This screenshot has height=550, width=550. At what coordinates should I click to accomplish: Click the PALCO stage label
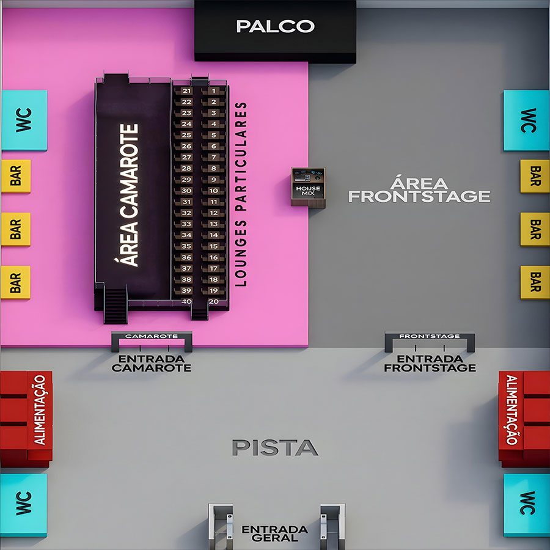pyautogui.click(x=276, y=26)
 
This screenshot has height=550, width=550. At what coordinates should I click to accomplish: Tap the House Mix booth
pyautogui.click(x=309, y=188)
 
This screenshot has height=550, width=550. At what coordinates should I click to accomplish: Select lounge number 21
pyautogui.click(x=186, y=91)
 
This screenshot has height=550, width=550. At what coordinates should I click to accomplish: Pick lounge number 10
pyautogui.click(x=214, y=191)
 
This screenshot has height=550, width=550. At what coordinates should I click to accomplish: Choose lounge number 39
pyautogui.click(x=186, y=290)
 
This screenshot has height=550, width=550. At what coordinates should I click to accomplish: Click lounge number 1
pyautogui.click(x=214, y=91)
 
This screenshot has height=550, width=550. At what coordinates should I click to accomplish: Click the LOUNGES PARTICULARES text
pyautogui.click(x=241, y=194)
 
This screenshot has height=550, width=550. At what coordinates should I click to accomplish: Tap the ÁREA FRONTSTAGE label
pyautogui.click(x=419, y=190)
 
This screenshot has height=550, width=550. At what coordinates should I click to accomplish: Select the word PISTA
pyautogui.click(x=276, y=447)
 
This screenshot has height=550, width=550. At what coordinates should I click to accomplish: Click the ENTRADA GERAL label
pyautogui.click(x=275, y=533)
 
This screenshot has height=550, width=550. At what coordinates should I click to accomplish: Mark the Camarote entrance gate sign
pyautogui.click(x=152, y=336)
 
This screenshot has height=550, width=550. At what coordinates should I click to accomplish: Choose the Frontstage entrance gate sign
pyautogui.click(x=430, y=336)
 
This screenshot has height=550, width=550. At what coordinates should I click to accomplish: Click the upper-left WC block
pyautogui.click(x=24, y=120)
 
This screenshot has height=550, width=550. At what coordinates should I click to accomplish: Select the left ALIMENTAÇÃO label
pyautogui.click(x=40, y=410)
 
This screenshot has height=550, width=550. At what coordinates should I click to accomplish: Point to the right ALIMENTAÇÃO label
pyautogui.click(x=512, y=410)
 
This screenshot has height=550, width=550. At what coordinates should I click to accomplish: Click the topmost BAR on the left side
pyautogui.click(x=16, y=176)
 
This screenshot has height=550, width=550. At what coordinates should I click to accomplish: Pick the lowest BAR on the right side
pyautogui.click(x=535, y=282)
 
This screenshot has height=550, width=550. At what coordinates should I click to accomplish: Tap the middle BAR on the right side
pyautogui.click(x=535, y=229)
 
